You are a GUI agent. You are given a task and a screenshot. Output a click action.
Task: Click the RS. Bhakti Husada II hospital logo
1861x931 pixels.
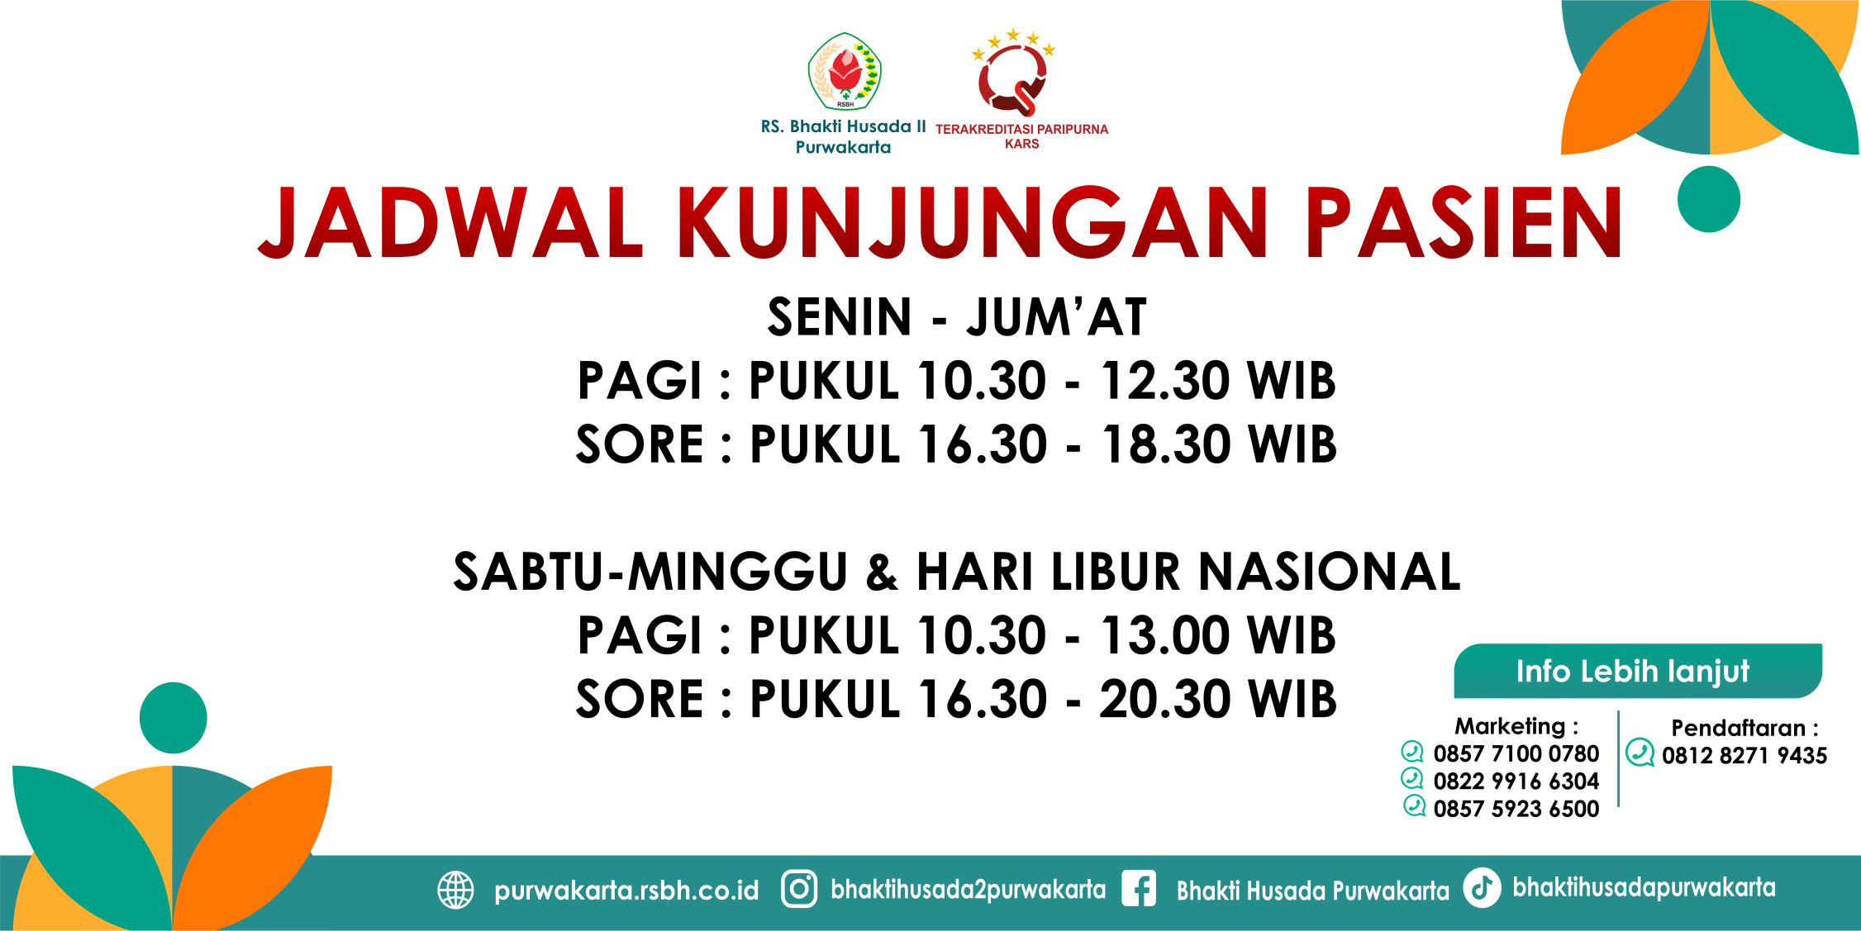(x=845, y=72)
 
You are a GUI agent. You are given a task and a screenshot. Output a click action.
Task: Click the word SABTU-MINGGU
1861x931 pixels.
(x=651, y=572)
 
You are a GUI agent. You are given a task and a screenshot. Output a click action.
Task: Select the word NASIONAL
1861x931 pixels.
(x=1330, y=572)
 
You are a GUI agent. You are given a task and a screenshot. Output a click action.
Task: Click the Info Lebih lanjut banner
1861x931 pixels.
(x=1638, y=671)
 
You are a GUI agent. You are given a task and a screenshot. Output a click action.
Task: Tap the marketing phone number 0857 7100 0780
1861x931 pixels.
(x=1516, y=753)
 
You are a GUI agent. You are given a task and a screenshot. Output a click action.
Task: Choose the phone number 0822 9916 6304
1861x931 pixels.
(x=1516, y=781)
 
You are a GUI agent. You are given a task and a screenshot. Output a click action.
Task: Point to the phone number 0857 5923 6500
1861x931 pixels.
(x=1516, y=809)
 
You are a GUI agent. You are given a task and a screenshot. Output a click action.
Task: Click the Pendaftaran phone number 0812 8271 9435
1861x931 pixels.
(x=1744, y=755)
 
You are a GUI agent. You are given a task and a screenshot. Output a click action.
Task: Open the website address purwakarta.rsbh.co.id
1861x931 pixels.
(x=626, y=891)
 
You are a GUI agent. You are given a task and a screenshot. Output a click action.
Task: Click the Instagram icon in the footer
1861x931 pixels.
(x=799, y=889)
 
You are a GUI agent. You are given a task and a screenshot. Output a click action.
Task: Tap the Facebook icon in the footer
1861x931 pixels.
(x=1139, y=889)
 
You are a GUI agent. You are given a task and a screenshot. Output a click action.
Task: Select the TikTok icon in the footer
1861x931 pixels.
(x=1482, y=888)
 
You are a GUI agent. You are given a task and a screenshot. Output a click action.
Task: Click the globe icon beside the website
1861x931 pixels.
(x=455, y=890)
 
